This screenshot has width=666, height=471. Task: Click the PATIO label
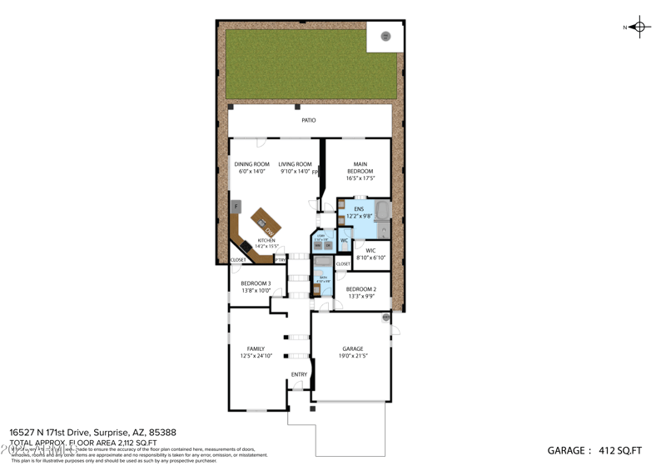(309, 121)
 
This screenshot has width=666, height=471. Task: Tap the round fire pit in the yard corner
(385, 36)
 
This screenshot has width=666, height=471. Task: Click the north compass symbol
(639, 27)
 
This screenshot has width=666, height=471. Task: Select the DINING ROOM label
(251, 164)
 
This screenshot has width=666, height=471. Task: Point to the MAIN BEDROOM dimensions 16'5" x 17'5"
(360, 178)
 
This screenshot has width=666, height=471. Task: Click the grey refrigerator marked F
(236, 206)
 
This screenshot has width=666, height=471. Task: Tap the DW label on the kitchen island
(269, 231)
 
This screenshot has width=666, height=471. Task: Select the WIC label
(370, 250)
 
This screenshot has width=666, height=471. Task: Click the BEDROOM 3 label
(256, 283)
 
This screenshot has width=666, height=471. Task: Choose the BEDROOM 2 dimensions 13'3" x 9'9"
(361, 296)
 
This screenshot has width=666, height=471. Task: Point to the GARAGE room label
(353, 349)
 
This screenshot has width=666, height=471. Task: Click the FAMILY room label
(255, 349)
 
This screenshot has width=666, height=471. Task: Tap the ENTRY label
(299, 374)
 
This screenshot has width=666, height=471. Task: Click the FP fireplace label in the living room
(316, 173)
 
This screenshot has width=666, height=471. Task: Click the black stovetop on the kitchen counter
(245, 246)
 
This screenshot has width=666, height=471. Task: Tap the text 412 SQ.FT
(620, 451)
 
